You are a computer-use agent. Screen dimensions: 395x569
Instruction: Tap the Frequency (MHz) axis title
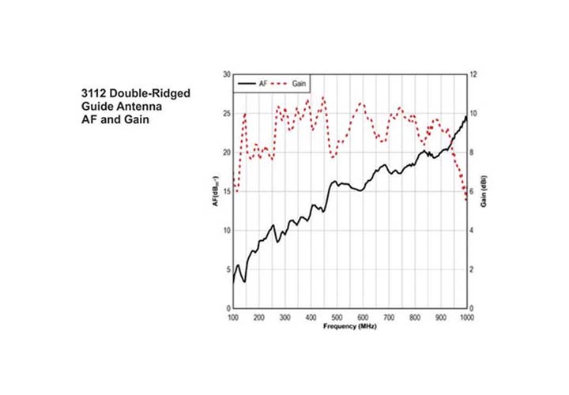pos(349,325)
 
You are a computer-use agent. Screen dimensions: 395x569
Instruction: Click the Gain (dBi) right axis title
pos(483,190)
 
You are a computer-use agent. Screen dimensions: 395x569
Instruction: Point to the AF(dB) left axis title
pos(214,191)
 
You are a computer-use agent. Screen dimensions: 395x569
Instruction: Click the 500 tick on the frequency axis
pos(337,317)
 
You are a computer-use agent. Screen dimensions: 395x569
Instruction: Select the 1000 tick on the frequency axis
pos(466,317)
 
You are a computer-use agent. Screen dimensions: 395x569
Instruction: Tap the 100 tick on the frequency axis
pos(233,317)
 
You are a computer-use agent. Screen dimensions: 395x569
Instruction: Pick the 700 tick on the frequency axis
pos(389,317)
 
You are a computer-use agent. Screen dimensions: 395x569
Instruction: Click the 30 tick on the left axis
pos(225,74)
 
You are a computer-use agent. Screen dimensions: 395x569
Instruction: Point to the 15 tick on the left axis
pos(225,191)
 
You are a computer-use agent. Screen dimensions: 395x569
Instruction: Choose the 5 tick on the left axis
pos(227,269)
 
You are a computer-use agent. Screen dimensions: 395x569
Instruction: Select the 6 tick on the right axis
pos(473,191)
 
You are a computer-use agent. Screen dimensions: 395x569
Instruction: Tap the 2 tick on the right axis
pos(473,269)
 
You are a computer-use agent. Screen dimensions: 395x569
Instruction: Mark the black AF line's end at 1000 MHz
pos(466,116)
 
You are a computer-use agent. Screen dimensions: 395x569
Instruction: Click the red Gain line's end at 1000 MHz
pos(466,200)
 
